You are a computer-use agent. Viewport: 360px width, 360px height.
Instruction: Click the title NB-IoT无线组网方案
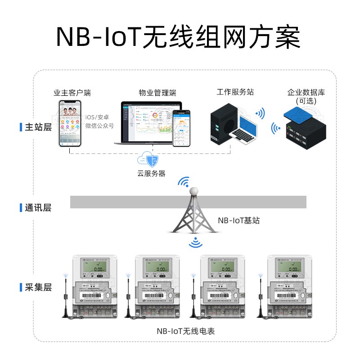(179, 37)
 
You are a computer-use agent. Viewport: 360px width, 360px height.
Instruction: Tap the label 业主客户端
(72, 93)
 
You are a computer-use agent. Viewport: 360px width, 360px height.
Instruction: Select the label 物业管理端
(157, 93)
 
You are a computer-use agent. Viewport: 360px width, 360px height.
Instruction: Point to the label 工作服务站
(235, 92)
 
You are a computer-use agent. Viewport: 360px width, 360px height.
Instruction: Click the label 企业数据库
(306, 93)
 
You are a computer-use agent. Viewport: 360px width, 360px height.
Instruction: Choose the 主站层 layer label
(38, 127)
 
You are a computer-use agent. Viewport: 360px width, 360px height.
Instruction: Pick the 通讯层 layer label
(38, 208)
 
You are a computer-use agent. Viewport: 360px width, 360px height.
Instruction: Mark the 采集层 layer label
(38, 287)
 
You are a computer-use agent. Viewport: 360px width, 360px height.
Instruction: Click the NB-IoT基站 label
(238, 221)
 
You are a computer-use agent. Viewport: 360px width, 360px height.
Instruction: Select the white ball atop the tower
(194, 191)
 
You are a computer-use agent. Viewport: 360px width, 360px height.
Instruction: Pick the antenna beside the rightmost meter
(260, 297)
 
